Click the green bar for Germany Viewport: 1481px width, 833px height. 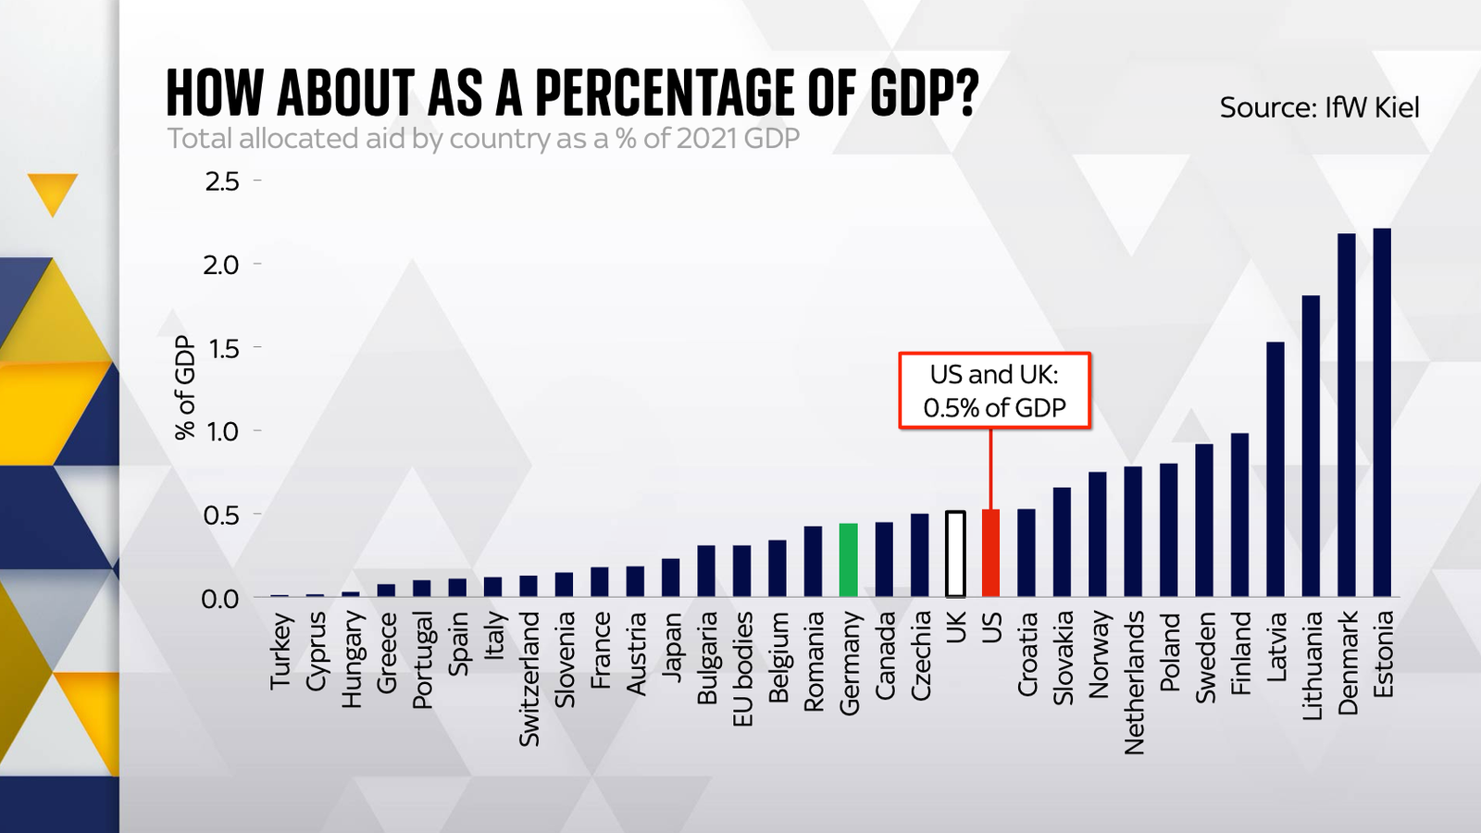(x=848, y=560)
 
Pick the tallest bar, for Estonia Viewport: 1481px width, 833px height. (x=1381, y=412)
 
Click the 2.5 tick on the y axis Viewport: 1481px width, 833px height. (x=222, y=181)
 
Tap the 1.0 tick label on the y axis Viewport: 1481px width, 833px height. (x=222, y=431)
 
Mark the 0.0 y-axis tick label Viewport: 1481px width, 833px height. (x=220, y=599)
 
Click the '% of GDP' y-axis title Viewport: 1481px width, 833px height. (x=186, y=388)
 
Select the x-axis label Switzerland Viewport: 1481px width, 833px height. (x=529, y=678)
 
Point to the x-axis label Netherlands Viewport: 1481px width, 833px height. (x=1134, y=682)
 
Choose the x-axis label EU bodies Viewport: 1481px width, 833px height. (x=742, y=668)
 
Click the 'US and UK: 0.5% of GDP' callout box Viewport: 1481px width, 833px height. (x=994, y=391)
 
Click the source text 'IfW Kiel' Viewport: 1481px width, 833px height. (x=1372, y=107)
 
